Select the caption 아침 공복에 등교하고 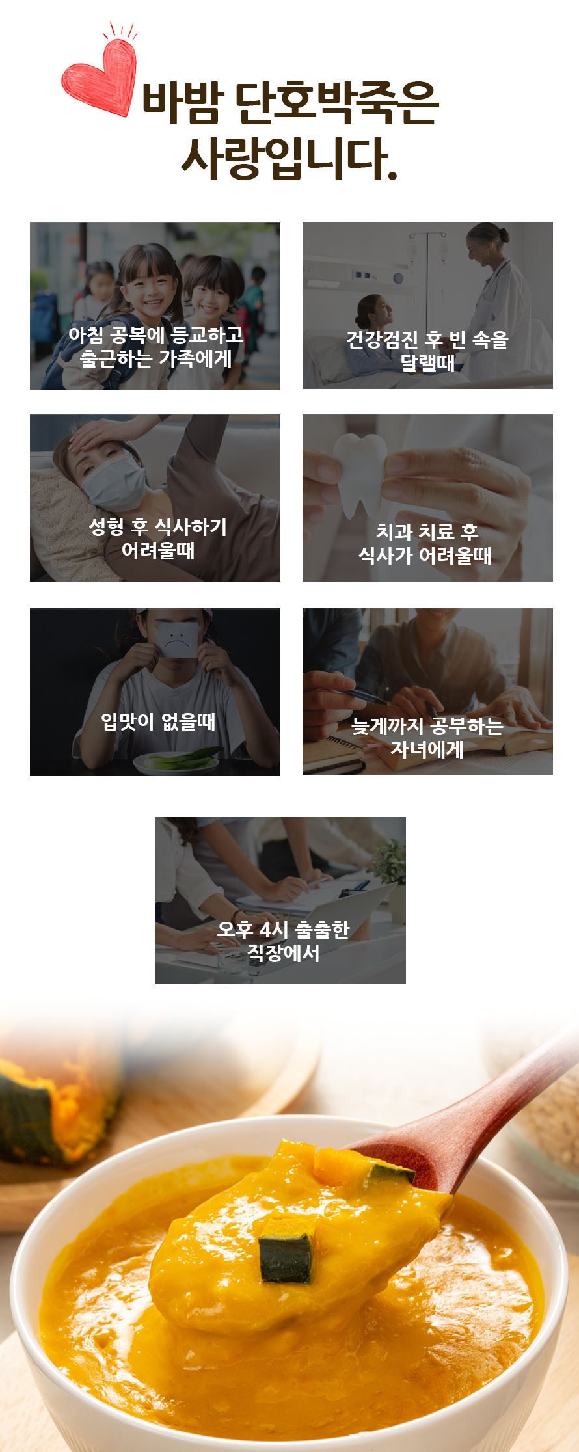click(x=156, y=334)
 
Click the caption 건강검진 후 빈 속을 click(x=427, y=339)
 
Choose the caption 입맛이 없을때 click(x=158, y=721)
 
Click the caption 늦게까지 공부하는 click(x=427, y=725)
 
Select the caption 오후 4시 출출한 click(x=283, y=929)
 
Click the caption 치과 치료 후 click(x=427, y=531)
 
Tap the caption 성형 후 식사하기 click(x=158, y=527)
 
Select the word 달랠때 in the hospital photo click(x=427, y=362)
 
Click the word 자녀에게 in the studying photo click(x=427, y=749)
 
